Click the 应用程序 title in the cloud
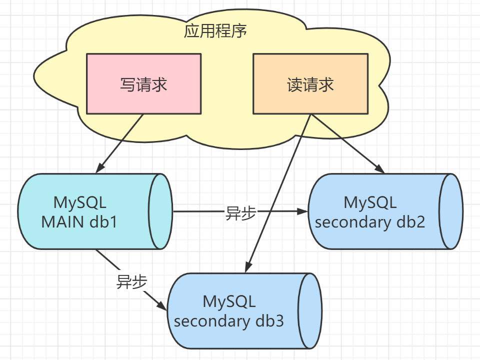pyautogui.click(x=215, y=31)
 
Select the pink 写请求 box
pyautogui.click(x=143, y=84)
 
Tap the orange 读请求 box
pyautogui.click(x=310, y=84)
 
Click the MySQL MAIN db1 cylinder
pyautogui.click(x=95, y=211)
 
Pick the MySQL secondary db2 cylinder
pyautogui.click(x=385, y=211)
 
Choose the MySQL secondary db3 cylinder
pyautogui.click(x=244, y=310)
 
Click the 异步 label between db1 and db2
pyautogui.click(x=240, y=213)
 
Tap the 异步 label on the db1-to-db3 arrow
pyautogui.click(x=131, y=281)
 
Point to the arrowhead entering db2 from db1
pyautogui.click(x=302, y=211)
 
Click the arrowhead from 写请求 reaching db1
pyautogui.click(x=100, y=168)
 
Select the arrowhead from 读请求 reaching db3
pyautogui.click(x=248, y=267)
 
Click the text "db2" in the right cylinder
pyautogui.click(x=411, y=222)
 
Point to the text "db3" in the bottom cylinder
pyautogui.click(x=269, y=321)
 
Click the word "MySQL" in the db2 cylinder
pyautogui.click(x=370, y=202)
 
